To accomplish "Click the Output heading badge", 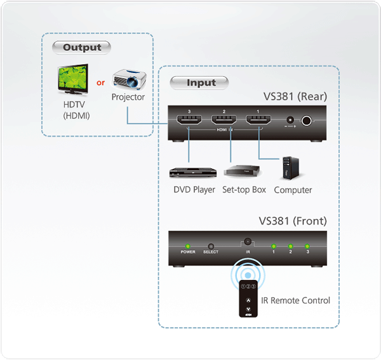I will [82, 48].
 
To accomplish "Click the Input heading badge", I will [201, 83].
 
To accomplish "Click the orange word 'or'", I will [100, 83].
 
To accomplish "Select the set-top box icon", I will [243, 171].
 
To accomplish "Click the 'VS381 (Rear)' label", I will [295, 97].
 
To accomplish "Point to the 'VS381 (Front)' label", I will [293, 222].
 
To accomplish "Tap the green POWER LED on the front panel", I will [187, 246].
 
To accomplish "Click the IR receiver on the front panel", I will [248, 242].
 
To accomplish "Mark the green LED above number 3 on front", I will [307, 246].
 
